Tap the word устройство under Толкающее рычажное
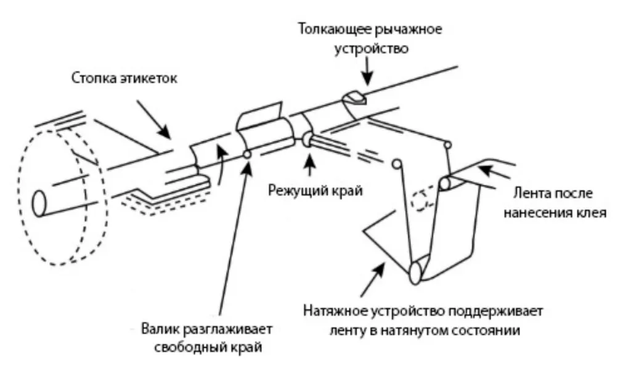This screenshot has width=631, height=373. pos(370,48)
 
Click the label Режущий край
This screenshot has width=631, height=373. pos(314,189)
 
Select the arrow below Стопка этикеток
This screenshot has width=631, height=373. pos(154,121)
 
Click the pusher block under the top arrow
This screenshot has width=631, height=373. pos(354,97)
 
